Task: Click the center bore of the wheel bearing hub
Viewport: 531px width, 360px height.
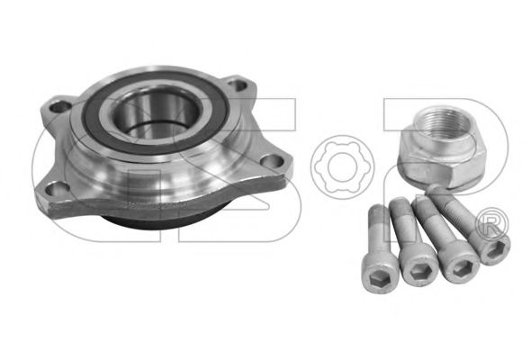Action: [156, 115]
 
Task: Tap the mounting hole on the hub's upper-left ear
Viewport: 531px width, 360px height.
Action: [59, 107]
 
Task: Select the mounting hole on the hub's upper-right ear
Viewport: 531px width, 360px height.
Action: [238, 85]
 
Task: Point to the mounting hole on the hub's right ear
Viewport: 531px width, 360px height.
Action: [273, 161]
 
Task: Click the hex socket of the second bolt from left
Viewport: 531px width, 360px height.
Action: [419, 270]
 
